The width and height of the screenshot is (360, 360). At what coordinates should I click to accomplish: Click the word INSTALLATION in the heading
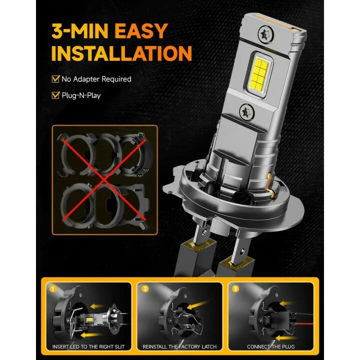(x=121, y=53)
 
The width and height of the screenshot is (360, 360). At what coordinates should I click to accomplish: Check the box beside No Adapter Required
(x=55, y=79)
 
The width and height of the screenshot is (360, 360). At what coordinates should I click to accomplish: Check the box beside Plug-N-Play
(x=55, y=95)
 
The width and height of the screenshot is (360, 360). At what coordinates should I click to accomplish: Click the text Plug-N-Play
(x=81, y=95)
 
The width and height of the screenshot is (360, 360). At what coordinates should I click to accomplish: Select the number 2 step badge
(x=144, y=288)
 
